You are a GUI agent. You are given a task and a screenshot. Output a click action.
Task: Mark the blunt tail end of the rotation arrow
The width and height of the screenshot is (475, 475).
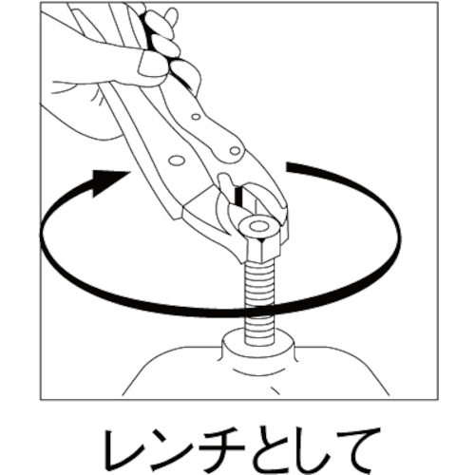[289, 167]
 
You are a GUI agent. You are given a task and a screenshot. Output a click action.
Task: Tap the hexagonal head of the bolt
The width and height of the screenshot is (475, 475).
[259, 241]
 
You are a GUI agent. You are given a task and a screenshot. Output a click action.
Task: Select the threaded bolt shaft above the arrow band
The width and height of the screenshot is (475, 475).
[259, 284]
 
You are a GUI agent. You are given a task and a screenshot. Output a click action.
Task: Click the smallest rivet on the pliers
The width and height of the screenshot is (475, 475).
[197, 117]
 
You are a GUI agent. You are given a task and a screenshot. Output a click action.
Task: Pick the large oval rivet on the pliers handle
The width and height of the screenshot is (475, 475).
[178, 161]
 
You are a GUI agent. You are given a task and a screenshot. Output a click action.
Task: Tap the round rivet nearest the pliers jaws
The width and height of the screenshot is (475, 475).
[235, 150]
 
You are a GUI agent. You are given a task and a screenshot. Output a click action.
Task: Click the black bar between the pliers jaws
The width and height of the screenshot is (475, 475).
[237, 196]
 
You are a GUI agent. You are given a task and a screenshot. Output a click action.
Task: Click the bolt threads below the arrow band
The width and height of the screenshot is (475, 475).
[258, 330]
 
